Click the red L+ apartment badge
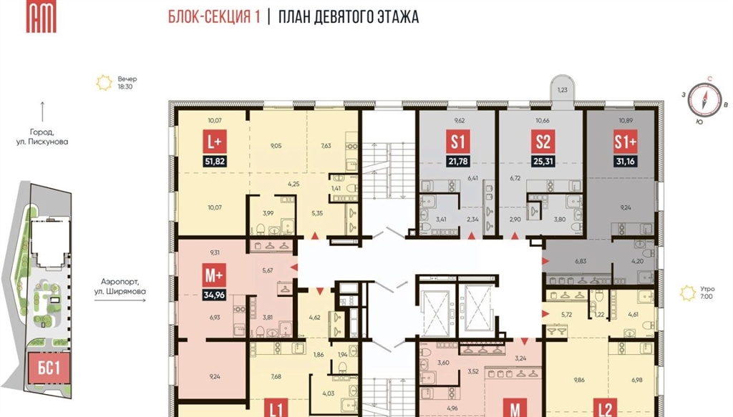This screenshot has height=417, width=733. tap(215, 141)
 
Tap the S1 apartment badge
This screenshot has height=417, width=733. tap(457, 141)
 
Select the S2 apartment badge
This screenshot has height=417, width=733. tap(543, 141)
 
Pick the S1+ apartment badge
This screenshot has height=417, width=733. tap(626, 141)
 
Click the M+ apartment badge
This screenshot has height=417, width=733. tap(215, 275)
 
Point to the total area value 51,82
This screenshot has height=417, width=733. tap(215, 162)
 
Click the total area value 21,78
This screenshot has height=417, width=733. tap(457, 162)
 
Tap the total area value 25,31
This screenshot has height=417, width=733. tap(543, 162)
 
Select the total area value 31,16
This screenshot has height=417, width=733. tap(626, 162)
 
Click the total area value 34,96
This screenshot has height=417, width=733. tap(215, 295)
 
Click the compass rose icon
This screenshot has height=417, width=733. tap(704, 99)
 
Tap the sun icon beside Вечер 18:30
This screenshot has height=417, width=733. tap(105, 83)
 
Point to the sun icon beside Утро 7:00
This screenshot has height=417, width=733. tap(688, 293)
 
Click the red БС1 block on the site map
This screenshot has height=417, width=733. tap(49, 368)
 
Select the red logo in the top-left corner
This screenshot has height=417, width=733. tap(41, 17)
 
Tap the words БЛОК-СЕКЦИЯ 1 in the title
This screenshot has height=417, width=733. tap(214, 17)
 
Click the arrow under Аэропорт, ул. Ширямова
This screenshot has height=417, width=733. tap(120, 300)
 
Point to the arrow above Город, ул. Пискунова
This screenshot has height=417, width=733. tap(42, 112)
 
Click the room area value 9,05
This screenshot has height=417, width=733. tap(276, 146)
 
